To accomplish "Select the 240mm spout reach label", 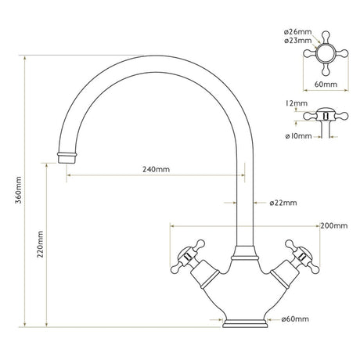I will pos(156,169).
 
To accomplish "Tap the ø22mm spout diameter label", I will pos(283,203).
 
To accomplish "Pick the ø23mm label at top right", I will pos(297,41).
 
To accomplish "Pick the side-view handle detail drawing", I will pos(322,117).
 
